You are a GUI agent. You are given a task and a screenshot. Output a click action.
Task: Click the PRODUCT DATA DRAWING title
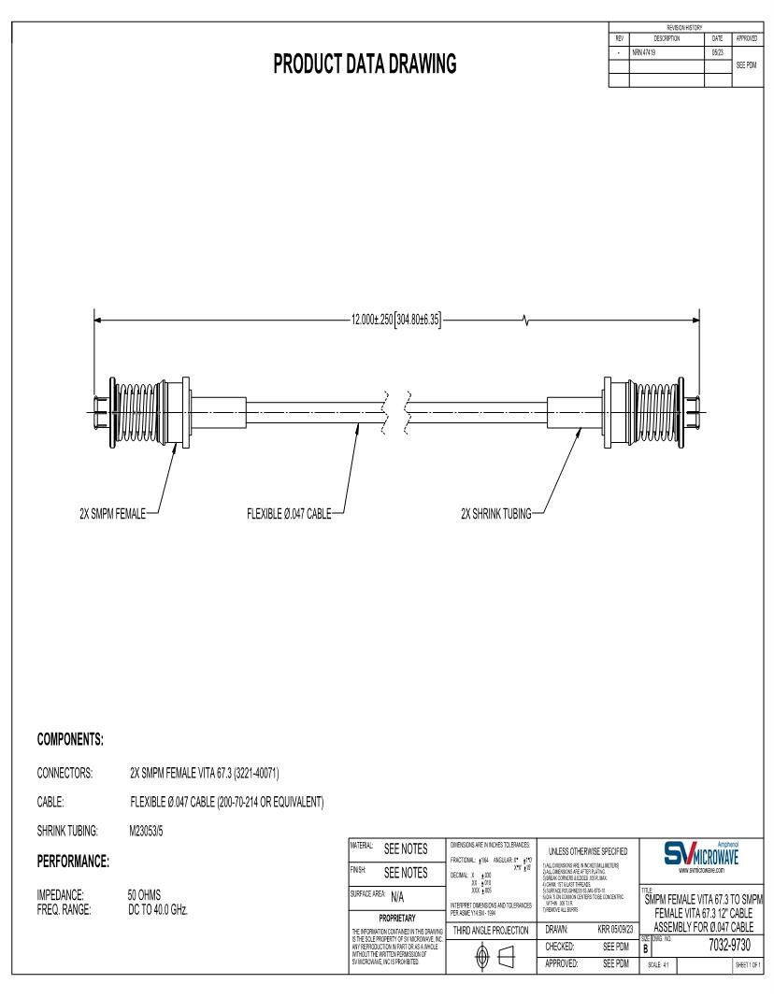click(x=365, y=64)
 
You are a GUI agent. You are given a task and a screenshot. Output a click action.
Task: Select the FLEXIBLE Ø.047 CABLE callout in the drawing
click(x=289, y=511)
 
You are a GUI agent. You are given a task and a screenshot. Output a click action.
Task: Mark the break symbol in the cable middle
click(x=395, y=405)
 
